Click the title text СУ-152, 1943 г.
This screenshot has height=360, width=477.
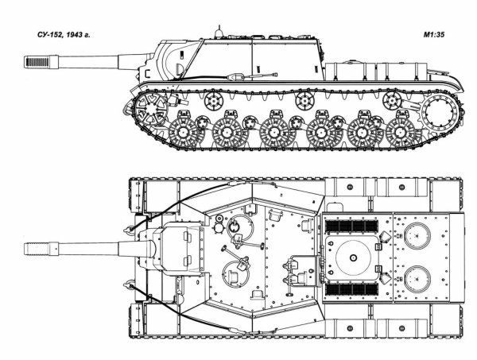click(x=64, y=35)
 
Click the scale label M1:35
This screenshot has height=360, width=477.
click(x=434, y=35)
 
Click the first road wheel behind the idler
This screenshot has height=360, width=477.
click(x=183, y=133)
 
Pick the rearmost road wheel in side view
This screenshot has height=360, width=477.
click(x=400, y=133)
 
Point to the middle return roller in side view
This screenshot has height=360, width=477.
click(x=304, y=101)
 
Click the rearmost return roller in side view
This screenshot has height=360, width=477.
click(x=392, y=101)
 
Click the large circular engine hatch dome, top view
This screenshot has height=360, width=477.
click(x=353, y=257)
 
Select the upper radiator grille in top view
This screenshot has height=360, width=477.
click(x=351, y=226)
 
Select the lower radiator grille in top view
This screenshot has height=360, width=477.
click(x=351, y=289)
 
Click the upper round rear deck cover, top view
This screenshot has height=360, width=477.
click(x=417, y=236)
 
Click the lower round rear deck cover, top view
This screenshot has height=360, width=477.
click(x=417, y=279)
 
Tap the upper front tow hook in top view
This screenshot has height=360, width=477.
click(x=128, y=230)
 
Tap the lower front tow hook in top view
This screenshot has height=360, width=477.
click(x=128, y=284)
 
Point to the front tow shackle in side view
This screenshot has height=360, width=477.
click(x=127, y=107)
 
